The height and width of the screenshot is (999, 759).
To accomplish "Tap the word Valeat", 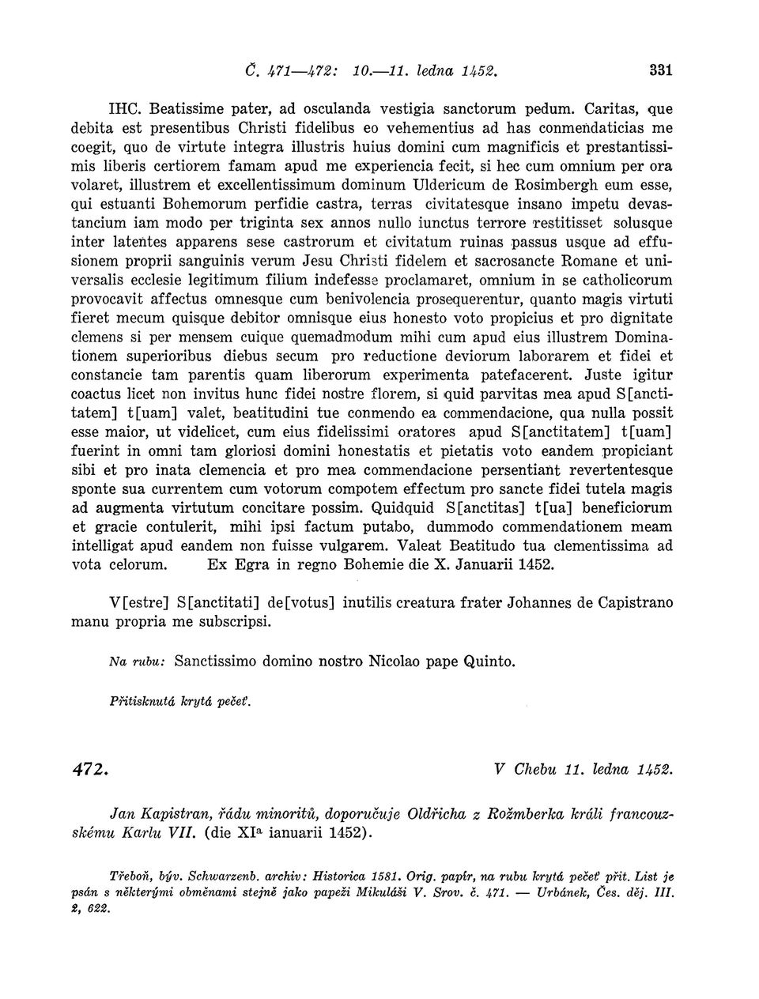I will point(421,545).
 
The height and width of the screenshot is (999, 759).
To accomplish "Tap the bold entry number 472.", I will point(89,770).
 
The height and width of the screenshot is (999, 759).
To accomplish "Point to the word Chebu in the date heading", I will point(537,770).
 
